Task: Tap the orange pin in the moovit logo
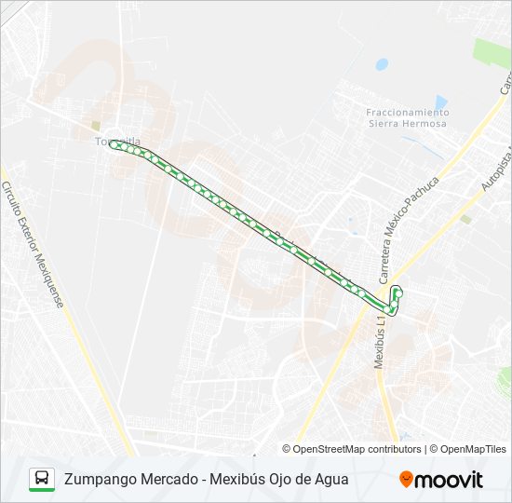click(406, 479)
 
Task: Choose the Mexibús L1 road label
click(381, 339)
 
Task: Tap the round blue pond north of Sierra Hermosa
click(382, 64)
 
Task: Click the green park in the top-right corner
click(492, 53)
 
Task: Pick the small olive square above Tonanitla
click(96, 126)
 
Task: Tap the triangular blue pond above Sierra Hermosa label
click(441, 102)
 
